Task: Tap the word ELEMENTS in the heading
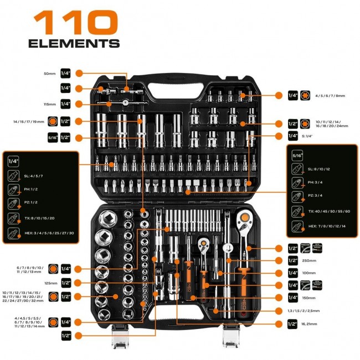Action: [74, 44]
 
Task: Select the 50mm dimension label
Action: [50, 73]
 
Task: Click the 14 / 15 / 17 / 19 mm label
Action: [25, 121]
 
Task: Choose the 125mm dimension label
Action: [50, 282]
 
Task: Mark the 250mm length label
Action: [308, 260]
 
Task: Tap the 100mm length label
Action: [308, 272]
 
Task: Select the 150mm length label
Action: [308, 298]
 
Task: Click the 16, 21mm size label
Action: [312, 323]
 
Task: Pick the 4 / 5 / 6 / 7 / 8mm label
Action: [331, 96]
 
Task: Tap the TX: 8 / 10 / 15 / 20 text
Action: [40, 219]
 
